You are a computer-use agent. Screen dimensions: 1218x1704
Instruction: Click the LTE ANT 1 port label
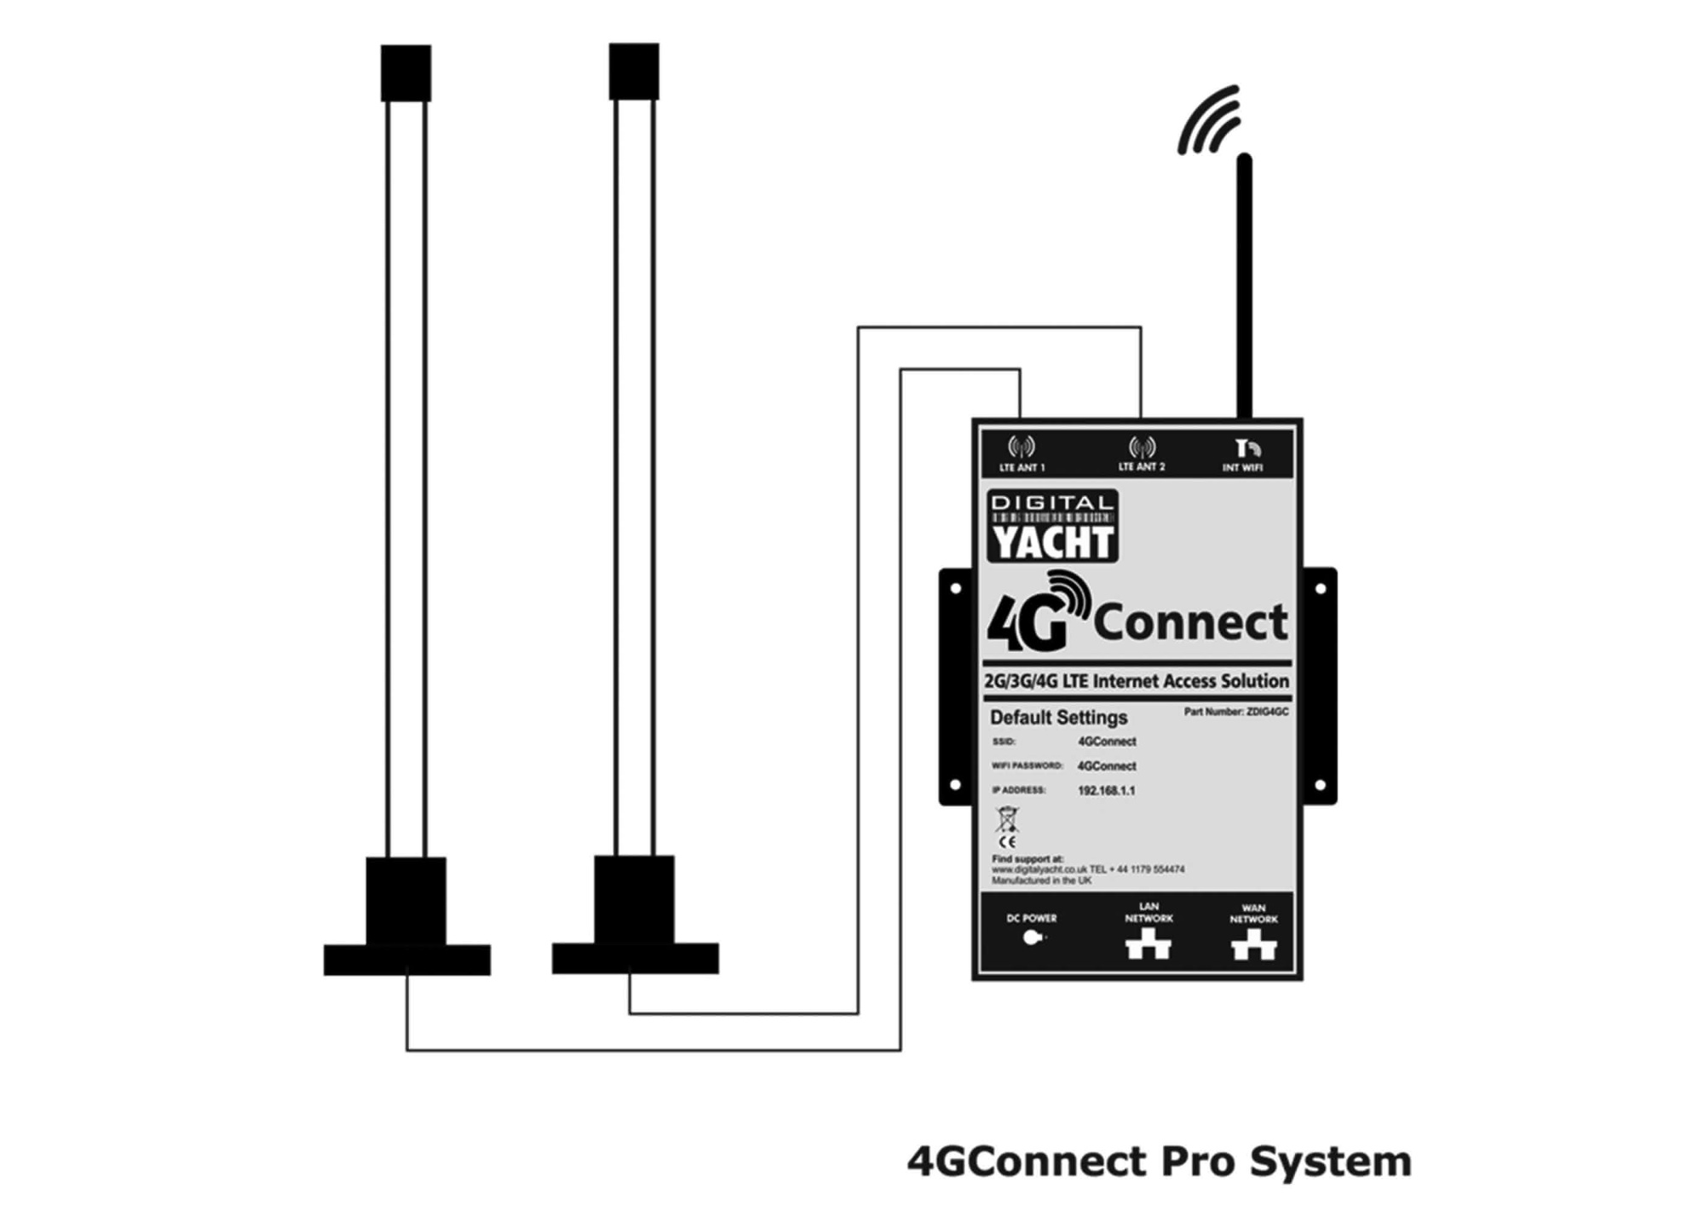(x=1022, y=467)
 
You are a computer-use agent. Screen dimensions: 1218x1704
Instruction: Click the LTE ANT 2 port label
(x=1141, y=466)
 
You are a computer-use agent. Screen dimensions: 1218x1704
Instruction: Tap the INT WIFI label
(x=1242, y=467)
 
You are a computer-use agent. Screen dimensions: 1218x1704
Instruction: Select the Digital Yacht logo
(x=1052, y=526)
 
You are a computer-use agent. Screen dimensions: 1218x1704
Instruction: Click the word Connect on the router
(x=1190, y=622)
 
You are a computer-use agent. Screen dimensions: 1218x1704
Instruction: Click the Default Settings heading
(x=1058, y=717)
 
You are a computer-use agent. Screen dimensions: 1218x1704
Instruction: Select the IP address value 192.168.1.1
(x=1106, y=790)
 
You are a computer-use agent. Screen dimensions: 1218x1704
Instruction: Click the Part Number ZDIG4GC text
(x=1235, y=712)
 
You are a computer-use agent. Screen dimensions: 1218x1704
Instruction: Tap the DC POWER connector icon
(x=1032, y=938)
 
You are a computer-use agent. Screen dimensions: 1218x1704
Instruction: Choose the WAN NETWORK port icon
(x=1253, y=945)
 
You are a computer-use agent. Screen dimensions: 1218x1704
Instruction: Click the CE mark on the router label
(x=1007, y=841)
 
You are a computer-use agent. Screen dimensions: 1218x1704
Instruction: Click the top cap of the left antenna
(x=406, y=72)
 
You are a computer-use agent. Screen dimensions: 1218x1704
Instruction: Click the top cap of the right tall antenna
(x=634, y=71)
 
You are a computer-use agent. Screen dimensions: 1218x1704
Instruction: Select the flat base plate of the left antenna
(x=406, y=960)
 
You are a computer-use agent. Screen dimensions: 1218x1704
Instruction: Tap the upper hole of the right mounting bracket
(x=1320, y=588)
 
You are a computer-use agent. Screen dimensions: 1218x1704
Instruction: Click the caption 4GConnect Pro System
(x=1159, y=1161)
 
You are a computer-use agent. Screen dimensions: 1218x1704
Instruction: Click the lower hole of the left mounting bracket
(x=955, y=784)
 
